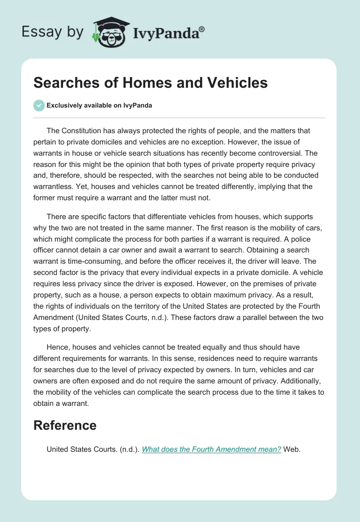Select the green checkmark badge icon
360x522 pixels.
[39, 105]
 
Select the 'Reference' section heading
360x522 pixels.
[65, 425]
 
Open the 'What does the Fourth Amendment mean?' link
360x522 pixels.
[211, 450]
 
